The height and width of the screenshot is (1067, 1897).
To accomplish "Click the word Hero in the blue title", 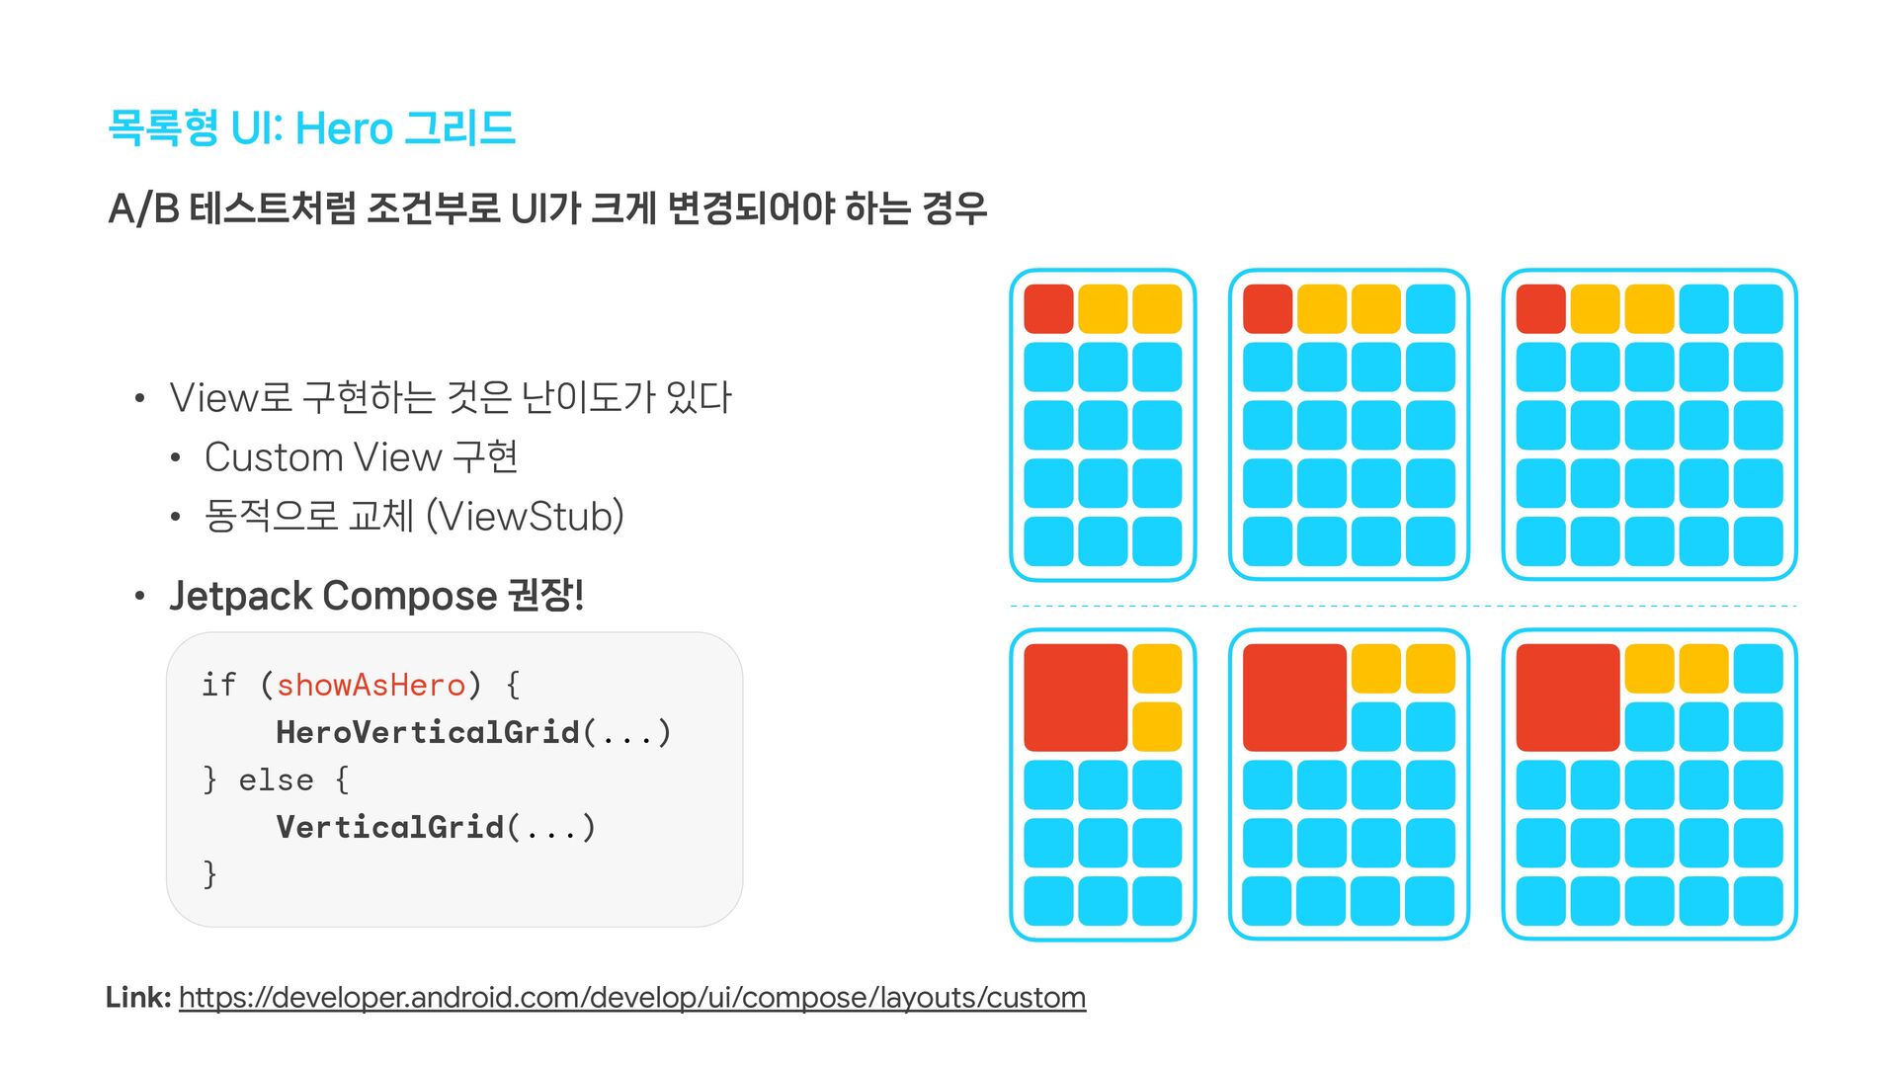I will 344,128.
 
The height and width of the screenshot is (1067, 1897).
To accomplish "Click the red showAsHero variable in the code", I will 371,685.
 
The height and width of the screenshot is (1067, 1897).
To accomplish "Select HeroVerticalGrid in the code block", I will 428,732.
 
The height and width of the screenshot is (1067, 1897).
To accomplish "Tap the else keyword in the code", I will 276,780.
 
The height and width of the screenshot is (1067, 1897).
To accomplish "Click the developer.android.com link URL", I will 632,998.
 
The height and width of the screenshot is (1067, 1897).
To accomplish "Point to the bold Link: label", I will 138,998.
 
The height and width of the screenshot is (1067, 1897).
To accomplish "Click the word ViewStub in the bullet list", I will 529,516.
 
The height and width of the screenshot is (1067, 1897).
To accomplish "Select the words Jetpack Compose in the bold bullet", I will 333,596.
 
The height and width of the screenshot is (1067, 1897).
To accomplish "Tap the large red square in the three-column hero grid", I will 1075,698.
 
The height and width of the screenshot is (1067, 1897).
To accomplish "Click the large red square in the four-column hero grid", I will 1294,698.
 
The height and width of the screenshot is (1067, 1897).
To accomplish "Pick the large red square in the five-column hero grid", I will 1567,698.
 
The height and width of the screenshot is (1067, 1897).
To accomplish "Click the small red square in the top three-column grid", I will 1048,309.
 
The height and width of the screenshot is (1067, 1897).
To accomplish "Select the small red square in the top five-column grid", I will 1540,309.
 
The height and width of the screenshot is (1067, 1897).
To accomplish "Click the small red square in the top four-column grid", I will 1268,309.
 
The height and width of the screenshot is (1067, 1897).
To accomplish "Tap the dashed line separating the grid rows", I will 1403,606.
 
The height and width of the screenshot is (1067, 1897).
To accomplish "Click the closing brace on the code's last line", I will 209,874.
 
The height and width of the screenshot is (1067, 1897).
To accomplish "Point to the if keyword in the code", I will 218,685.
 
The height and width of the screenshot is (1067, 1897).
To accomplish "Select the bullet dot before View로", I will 140,399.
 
